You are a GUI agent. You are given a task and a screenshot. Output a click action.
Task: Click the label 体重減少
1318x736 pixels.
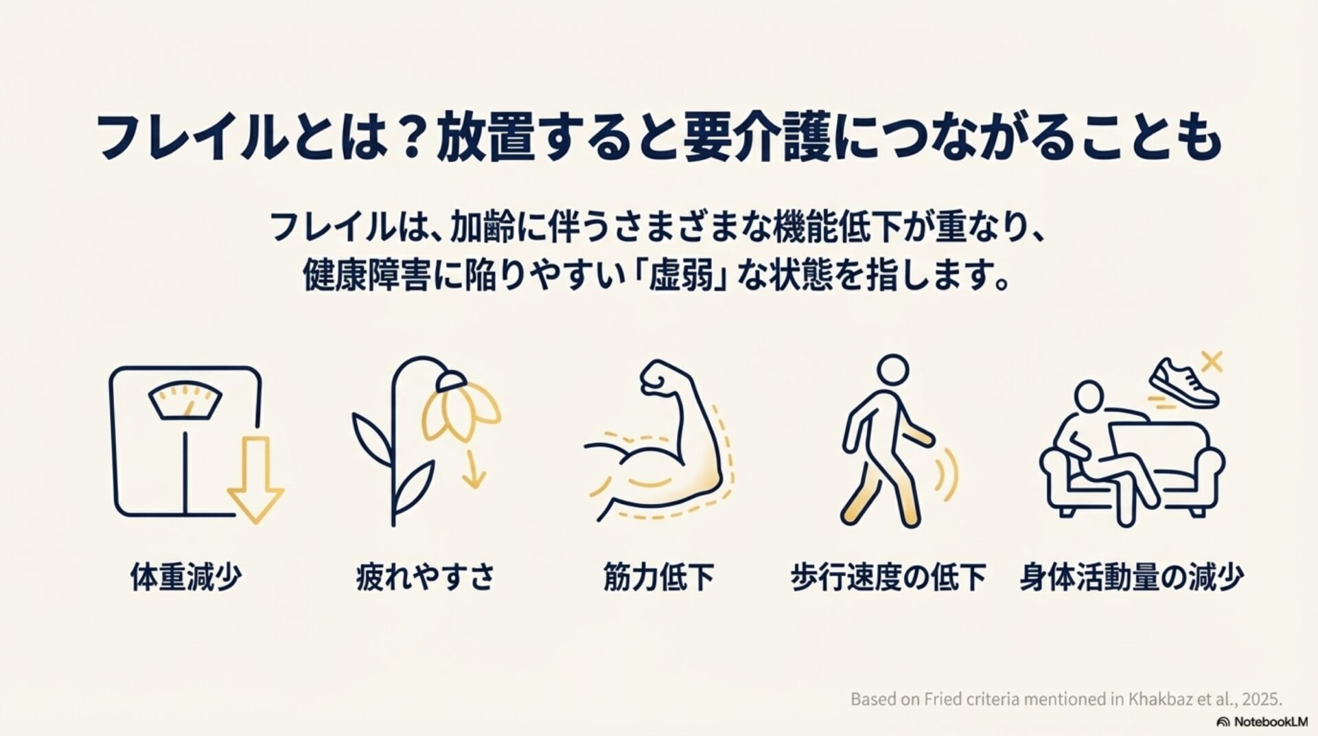point(186,577)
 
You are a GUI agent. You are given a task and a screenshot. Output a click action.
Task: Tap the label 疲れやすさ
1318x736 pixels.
point(426,577)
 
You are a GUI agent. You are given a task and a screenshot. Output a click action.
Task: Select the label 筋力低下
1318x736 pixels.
point(658,577)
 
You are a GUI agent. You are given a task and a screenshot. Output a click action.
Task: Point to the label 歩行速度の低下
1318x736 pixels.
point(888,577)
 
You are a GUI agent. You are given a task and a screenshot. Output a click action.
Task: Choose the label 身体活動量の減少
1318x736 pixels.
point(1132,577)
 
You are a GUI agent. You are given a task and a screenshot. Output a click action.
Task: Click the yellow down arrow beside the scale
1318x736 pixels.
point(255,480)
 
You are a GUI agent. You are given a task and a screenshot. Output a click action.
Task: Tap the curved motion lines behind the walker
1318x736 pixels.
point(948,474)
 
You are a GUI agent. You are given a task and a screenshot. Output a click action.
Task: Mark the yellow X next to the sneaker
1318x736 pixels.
point(1212,361)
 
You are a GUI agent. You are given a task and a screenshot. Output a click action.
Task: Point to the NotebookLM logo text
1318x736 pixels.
point(1258,722)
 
